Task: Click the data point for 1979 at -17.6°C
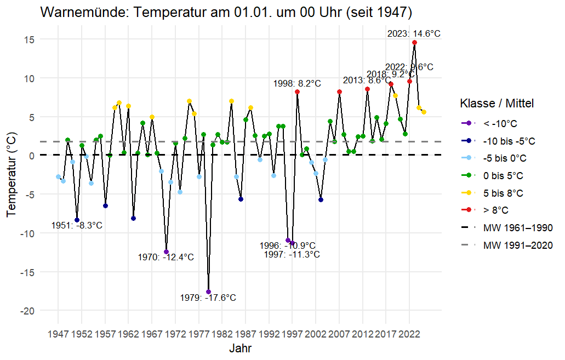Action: [208, 292]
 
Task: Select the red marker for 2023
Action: [414, 43]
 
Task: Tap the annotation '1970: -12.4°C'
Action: [166, 257]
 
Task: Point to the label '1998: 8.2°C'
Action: [298, 83]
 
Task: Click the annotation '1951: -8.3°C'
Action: [77, 225]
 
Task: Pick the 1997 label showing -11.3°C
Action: [292, 254]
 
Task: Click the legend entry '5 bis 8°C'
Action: [504, 193]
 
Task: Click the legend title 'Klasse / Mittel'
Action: [497, 103]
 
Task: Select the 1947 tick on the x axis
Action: [58, 333]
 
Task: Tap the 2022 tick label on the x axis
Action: [410, 333]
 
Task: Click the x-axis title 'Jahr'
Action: [241, 348]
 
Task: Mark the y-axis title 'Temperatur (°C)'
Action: [12, 175]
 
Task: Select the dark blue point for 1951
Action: [77, 220]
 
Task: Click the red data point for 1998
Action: [297, 92]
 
